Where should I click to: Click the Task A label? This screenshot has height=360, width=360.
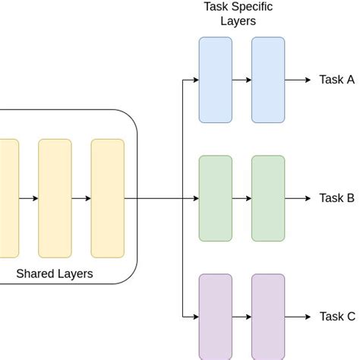[336, 81]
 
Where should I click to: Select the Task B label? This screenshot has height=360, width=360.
[336, 198]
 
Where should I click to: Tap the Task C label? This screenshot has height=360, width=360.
[336, 317]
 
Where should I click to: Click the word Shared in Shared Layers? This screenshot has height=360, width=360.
[35, 273]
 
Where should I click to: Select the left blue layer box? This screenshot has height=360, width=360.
[216, 80]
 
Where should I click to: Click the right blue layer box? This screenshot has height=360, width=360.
[268, 80]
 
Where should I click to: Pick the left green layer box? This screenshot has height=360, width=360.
[216, 198]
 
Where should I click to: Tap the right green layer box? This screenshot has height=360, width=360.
[268, 198]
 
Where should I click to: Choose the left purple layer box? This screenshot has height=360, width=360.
[216, 317]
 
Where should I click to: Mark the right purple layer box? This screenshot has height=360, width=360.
[268, 317]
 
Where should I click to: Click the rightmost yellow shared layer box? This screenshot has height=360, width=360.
[107, 198]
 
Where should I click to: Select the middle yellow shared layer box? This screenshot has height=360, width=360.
[55, 198]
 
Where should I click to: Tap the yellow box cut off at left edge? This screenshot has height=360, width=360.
[8, 198]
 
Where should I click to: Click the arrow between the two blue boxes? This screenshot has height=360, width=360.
[242, 80]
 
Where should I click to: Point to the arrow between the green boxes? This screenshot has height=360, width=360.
[242, 198]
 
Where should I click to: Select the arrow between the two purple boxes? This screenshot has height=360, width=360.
[242, 317]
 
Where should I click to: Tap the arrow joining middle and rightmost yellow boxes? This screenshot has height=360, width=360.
[81, 198]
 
